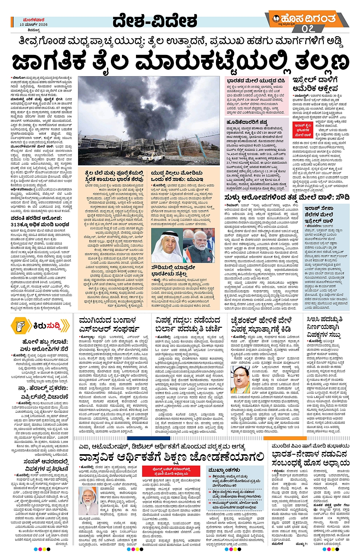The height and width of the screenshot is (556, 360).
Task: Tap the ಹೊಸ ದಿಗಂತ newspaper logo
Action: (x=309, y=18)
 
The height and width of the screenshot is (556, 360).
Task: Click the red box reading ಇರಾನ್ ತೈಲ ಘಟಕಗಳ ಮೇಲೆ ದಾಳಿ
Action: (x=303, y=130)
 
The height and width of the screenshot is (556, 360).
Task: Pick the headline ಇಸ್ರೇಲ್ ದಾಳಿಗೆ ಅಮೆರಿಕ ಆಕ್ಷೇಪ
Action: (x=315, y=84)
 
